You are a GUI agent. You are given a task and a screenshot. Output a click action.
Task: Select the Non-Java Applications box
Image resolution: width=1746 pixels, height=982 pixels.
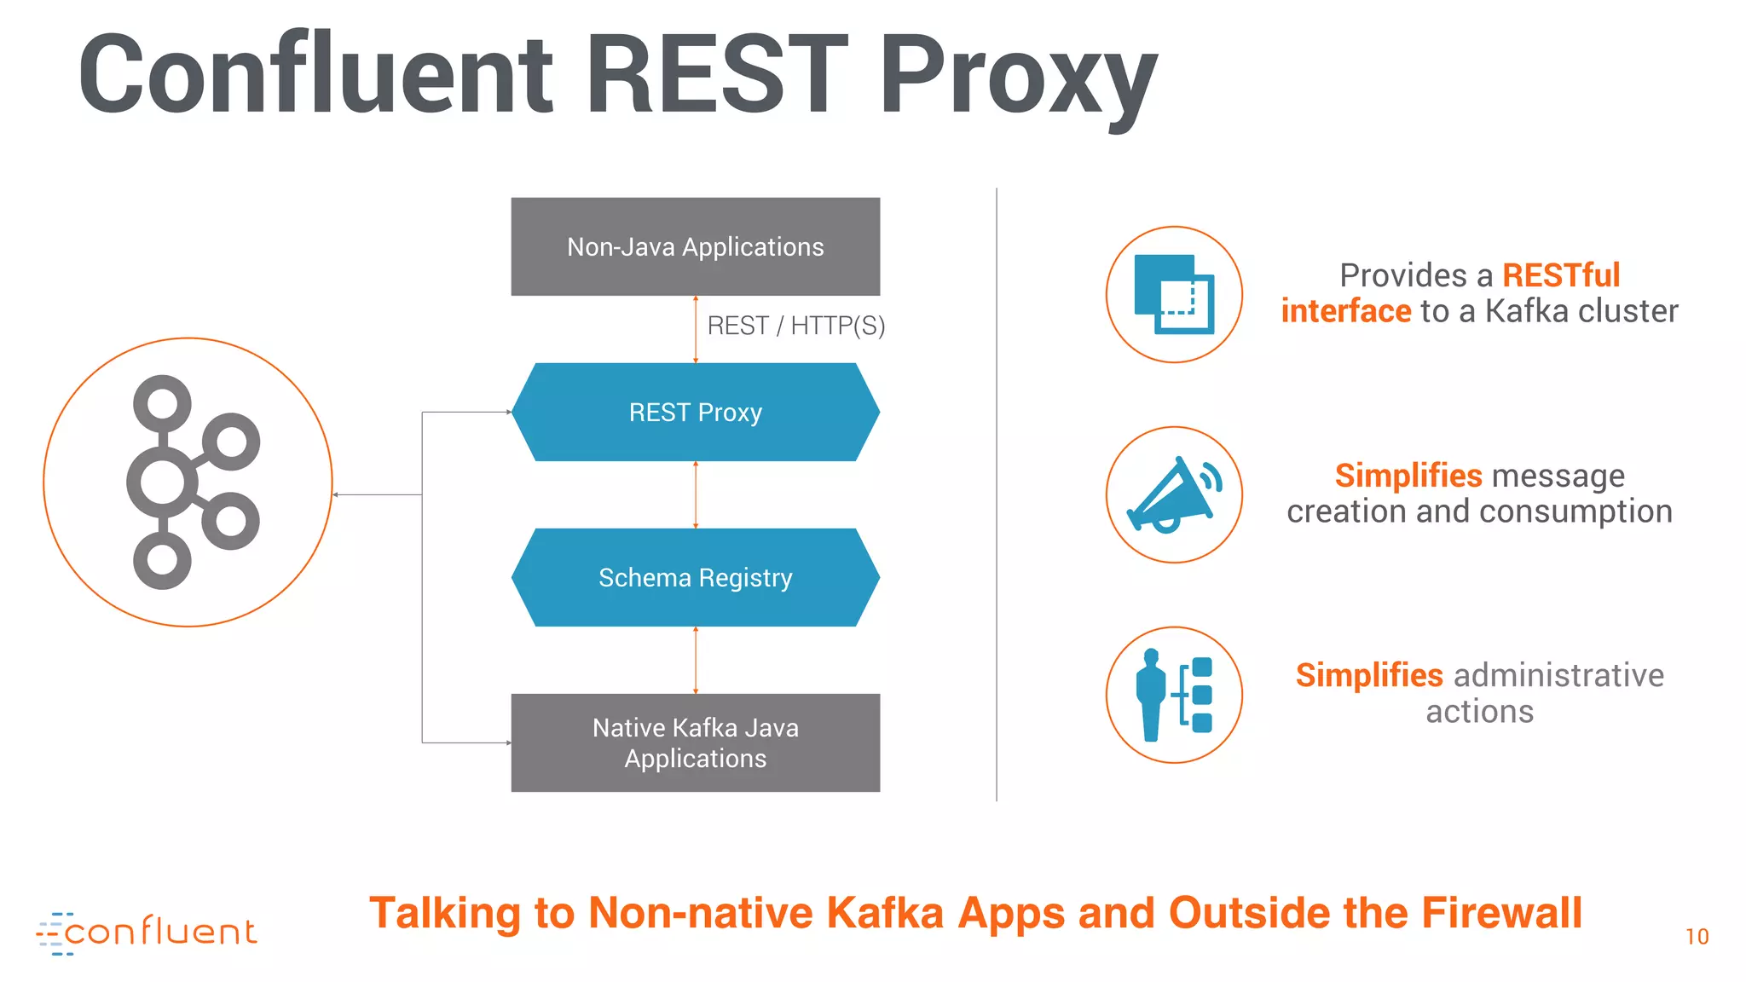tap(695, 247)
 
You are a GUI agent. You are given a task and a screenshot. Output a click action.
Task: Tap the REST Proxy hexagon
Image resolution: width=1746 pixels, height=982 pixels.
tap(695, 413)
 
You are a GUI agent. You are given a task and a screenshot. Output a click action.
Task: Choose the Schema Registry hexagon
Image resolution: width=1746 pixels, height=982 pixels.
tap(695, 578)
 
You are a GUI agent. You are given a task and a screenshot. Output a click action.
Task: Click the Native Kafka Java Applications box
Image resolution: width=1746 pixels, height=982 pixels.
tap(695, 742)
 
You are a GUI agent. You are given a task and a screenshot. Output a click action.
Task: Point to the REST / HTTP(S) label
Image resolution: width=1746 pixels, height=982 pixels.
tap(795, 326)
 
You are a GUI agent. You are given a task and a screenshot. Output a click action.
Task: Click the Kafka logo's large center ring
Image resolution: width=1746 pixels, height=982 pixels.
tap(162, 482)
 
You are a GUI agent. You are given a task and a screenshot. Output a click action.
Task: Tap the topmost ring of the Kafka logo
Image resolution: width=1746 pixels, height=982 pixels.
tap(162, 402)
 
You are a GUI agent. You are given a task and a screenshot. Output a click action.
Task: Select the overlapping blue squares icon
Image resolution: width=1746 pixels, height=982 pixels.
tap(1174, 295)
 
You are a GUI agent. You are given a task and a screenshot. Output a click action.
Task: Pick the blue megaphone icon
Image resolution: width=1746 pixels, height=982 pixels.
tap(1174, 495)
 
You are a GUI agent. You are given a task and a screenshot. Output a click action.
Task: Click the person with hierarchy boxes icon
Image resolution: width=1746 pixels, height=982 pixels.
tap(1174, 695)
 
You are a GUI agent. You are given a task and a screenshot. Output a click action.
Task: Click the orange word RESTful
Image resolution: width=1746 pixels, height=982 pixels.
tap(1560, 275)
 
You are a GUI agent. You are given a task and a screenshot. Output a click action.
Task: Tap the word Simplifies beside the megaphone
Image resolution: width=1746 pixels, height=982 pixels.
tap(1408, 476)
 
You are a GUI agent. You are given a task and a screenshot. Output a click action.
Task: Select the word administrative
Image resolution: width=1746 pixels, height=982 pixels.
tap(1558, 675)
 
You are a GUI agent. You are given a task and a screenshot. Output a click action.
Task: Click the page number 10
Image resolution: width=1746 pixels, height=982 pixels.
tap(1697, 937)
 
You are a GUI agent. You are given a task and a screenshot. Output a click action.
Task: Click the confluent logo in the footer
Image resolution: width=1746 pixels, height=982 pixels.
tap(147, 933)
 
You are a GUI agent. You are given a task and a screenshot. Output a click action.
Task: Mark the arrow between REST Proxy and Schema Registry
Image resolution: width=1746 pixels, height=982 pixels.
tap(696, 495)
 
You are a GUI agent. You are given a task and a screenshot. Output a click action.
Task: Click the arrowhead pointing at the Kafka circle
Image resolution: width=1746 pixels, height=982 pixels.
tap(336, 494)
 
